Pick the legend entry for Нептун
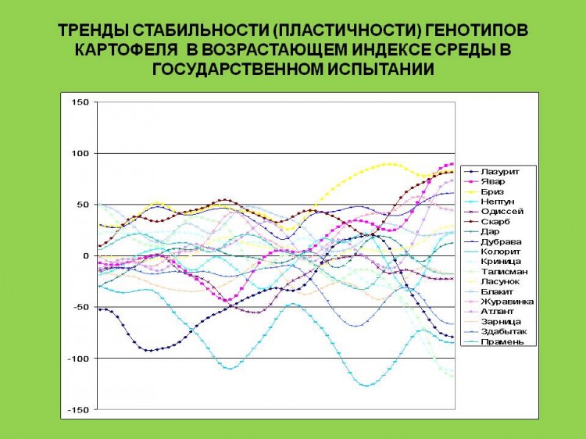tap(489, 202)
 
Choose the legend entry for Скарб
tap(488, 222)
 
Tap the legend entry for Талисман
tap(496, 272)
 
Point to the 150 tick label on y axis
tap(80, 102)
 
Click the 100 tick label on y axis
tap(80, 153)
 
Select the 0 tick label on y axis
tap(86, 256)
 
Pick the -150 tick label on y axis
tap(77, 410)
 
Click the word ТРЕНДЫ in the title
tap(93, 30)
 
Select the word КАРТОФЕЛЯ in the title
tap(127, 50)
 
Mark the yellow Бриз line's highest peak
tap(390, 163)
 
